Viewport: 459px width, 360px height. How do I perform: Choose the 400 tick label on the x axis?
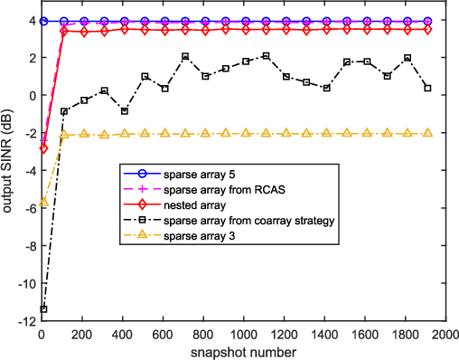coord(121,334)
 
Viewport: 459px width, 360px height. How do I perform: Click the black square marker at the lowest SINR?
coord(42,309)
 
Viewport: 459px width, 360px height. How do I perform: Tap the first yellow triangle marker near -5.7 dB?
coord(42,202)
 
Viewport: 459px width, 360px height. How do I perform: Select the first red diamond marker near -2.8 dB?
coord(42,147)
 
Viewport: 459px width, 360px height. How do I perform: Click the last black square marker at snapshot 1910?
coord(427,89)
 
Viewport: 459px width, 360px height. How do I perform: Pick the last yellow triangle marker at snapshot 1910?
coord(427,133)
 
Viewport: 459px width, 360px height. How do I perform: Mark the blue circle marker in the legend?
coord(142,173)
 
